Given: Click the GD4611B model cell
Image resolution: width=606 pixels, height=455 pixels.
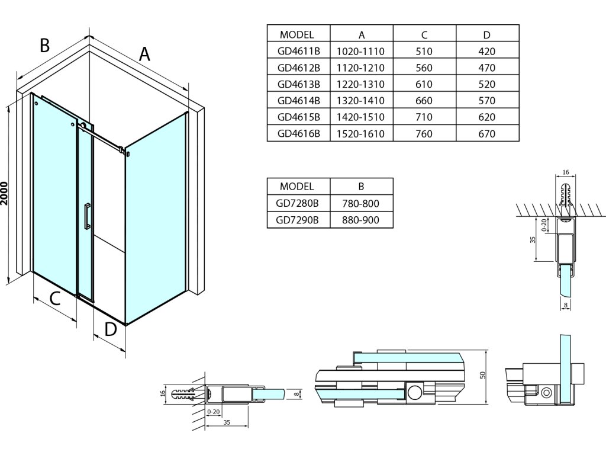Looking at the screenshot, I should [x=298, y=52].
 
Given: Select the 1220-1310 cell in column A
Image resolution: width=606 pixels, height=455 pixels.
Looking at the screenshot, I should [x=362, y=84].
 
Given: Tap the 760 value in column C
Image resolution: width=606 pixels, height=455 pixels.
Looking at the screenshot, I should [x=424, y=134].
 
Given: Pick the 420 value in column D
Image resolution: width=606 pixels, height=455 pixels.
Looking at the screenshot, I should [x=486, y=52].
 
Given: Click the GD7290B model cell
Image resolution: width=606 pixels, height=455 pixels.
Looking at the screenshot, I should [x=298, y=220].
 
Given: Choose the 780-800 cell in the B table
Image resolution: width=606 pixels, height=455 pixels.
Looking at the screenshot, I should [x=360, y=204].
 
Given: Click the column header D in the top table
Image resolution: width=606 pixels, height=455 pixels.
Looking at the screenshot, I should [x=486, y=34].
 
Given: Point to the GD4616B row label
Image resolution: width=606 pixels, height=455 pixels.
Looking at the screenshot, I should [x=298, y=134].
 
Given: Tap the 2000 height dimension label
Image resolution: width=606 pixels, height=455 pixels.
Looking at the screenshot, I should [x=6, y=192].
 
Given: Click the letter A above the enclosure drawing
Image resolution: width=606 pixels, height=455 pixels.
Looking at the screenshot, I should [x=144, y=54].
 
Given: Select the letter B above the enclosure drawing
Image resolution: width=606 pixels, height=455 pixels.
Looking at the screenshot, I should [x=44, y=45].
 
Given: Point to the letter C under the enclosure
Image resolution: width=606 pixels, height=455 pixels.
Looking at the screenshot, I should [x=54, y=299].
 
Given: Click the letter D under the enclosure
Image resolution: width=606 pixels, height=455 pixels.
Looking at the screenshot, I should [x=111, y=329].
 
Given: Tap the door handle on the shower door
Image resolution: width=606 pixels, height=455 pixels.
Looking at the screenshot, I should [x=87, y=216].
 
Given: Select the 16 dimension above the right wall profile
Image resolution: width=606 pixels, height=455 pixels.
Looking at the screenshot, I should [x=565, y=172].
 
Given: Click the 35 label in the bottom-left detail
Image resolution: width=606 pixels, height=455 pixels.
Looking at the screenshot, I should [x=228, y=422].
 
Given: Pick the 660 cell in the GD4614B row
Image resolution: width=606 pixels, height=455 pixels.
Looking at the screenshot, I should [x=424, y=101].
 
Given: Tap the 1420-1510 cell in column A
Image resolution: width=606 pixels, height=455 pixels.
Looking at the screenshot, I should [x=362, y=117].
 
